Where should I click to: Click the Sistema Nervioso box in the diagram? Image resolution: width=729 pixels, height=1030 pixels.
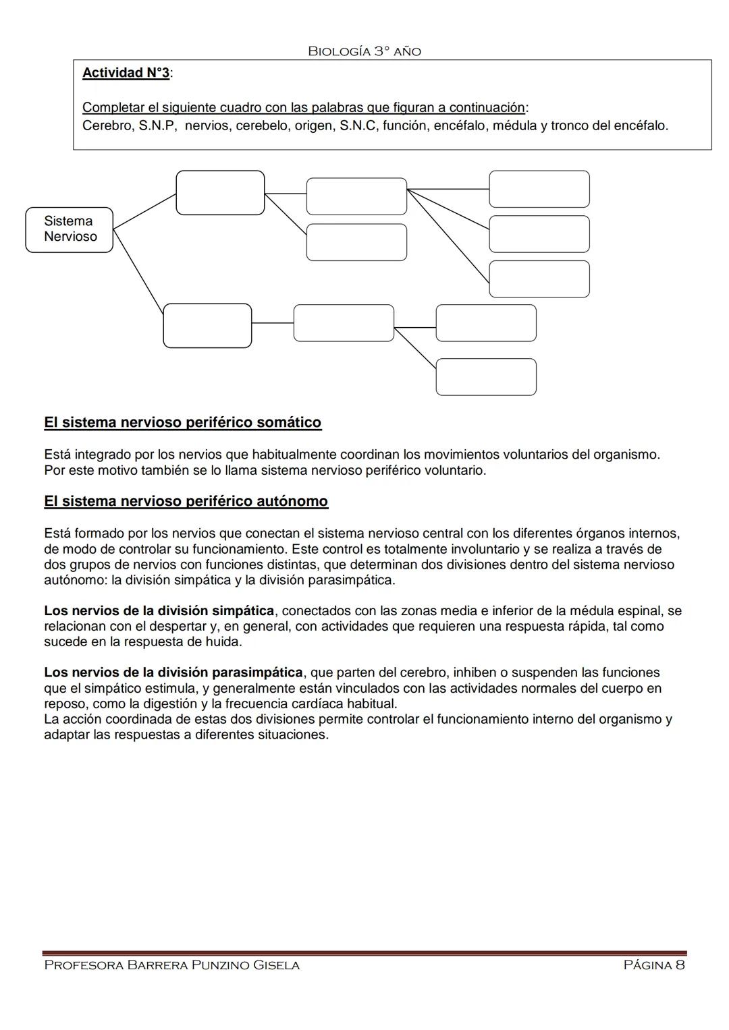tap(69, 229)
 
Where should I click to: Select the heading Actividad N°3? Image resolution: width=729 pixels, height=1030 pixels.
tap(126, 73)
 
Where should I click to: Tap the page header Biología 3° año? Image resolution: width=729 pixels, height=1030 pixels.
tap(364, 51)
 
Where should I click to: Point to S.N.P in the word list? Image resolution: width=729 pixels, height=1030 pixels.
tap(157, 125)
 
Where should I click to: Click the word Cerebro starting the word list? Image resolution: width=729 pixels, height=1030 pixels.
tap(107, 125)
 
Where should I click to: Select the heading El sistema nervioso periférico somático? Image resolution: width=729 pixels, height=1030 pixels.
tap(182, 423)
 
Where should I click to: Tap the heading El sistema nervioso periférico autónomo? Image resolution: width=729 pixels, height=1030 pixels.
tap(186, 502)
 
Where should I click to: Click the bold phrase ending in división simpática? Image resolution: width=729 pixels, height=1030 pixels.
tap(159, 611)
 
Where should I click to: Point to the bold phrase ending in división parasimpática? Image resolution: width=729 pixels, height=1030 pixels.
tap(173, 673)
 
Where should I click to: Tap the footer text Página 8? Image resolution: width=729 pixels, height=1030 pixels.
tap(654, 965)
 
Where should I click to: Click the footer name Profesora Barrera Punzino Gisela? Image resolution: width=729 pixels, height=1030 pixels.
tap(171, 965)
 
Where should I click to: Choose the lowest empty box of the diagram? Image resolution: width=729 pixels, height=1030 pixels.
tap(486, 377)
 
